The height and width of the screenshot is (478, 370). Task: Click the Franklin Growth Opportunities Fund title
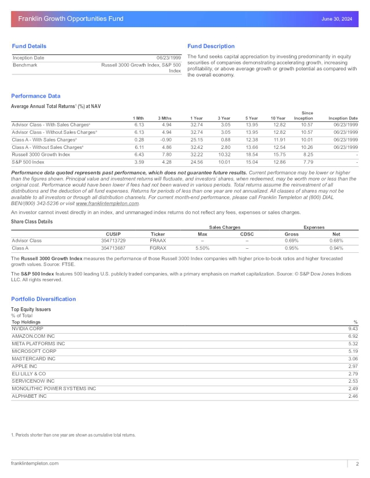click(x=71, y=19)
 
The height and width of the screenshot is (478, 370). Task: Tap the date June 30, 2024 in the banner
click(x=336, y=19)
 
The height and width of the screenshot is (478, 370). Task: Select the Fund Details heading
click(x=29, y=46)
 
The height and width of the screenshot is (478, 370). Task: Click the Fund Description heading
click(x=211, y=46)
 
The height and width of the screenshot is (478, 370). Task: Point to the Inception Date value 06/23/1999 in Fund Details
click(x=169, y=58)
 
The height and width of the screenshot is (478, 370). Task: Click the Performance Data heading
click(x=36, y=96)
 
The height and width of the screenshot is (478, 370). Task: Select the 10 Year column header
click(x=277, y=118)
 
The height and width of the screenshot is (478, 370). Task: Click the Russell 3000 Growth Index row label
click(x=41, y=155)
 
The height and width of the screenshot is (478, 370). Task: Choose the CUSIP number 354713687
click(x=113, y=248)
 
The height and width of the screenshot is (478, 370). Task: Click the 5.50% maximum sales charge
click(x=203, y=248)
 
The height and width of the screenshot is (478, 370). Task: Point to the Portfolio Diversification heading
click(x=43, y=299)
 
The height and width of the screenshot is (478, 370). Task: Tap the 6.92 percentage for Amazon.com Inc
click(x=353, y=336)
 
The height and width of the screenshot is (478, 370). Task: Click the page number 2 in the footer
click(x=357, y=464)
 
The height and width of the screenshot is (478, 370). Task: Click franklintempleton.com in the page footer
click(x=35, y=463)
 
